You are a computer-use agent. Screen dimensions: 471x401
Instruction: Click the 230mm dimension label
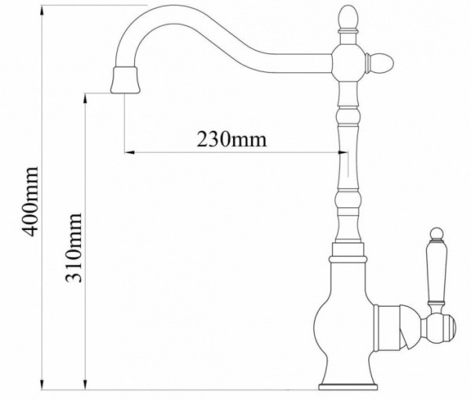click(x=232, y=140)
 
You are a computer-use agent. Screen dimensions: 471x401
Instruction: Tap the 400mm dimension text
click(x=31, y=201)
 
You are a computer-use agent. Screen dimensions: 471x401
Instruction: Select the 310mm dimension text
click(x=73, y=248)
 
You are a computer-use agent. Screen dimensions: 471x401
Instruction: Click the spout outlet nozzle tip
click(x=125, y=80)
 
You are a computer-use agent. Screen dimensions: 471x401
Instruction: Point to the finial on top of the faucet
click(x=348, y=19)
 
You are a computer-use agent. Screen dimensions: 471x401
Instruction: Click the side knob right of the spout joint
click(x=379, y=64)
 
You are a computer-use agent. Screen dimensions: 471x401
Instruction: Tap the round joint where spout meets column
click(x=348, y=63)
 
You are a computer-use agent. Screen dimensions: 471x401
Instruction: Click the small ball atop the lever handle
click(x=436, y=234)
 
